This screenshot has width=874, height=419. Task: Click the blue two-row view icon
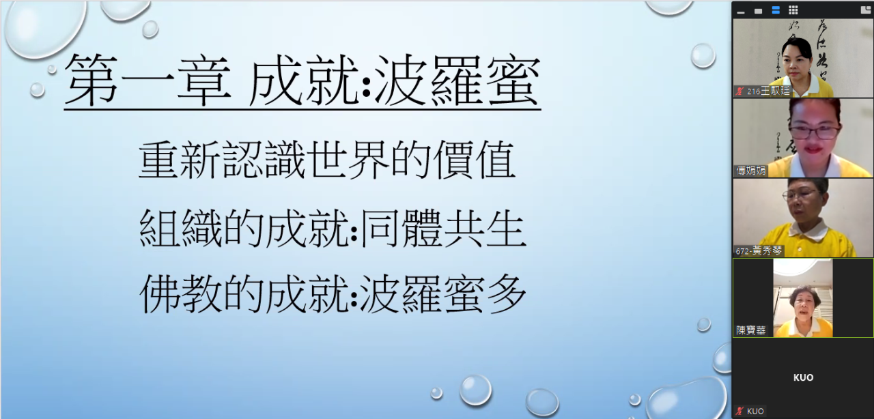pos(776,10)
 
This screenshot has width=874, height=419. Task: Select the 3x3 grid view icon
pos(793,10)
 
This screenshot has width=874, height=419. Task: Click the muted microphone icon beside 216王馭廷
pos(739,91)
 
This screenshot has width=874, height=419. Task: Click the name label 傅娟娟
pos(750,171)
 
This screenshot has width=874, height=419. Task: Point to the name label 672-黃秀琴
pos(759,251)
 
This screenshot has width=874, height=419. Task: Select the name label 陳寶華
pos(750,330)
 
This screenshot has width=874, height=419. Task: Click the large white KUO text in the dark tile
pos(804,377)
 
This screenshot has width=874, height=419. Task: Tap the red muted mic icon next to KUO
pos(739,411)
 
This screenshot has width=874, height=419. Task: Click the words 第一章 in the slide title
pos(148,80)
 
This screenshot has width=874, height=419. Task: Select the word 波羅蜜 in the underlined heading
pos(457,80)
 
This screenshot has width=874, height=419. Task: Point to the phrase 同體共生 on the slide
pos(443,228)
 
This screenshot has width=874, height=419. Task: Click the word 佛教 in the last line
pos(181,293)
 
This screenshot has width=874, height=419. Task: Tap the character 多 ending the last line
pos(506,293)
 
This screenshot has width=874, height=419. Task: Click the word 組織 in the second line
pos(181,228)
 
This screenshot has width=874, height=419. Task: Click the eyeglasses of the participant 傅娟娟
pos(815,132)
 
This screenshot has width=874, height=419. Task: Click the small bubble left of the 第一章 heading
pos(38,90)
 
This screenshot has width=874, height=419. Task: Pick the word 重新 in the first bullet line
pos(181,160)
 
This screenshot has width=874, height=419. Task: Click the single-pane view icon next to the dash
pos(758,12)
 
